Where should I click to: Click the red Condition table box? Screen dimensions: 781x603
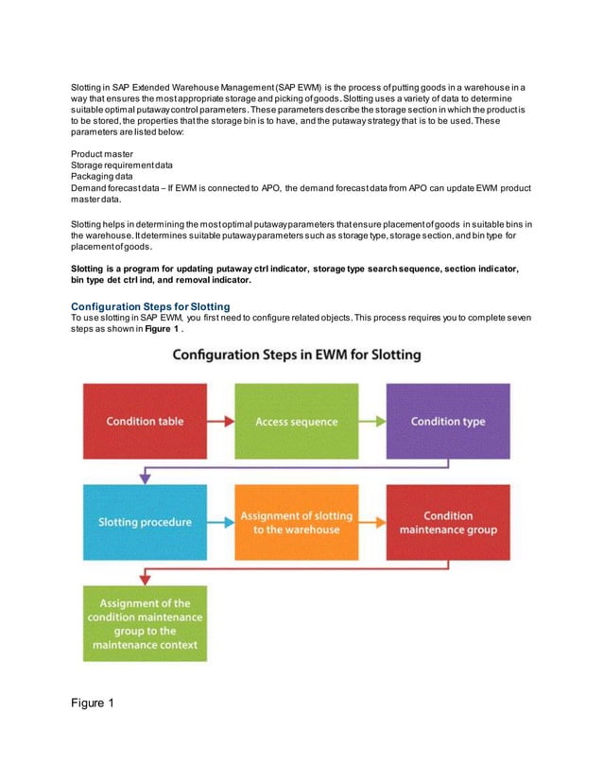point(145,421)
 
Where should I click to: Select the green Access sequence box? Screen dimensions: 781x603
point(296,421)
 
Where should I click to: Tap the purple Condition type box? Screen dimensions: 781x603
point(448,421)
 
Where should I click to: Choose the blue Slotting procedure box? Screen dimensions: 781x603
point(145,522)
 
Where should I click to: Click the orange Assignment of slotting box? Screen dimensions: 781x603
point(296,522)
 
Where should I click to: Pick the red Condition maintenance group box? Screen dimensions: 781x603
point(448,522)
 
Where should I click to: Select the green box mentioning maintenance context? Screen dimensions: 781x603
point(145,623)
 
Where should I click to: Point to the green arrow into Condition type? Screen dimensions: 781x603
point(371,421)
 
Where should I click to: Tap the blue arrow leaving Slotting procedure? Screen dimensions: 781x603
point(220,522)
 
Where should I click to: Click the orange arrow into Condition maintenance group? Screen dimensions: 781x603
point(371,522)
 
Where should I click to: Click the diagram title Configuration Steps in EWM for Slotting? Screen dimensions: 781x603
point(296,356)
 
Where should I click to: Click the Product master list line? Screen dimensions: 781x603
point(102,154)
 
